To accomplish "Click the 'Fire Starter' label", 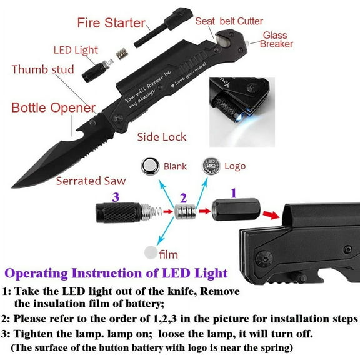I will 111,24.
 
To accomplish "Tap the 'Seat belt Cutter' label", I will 229,21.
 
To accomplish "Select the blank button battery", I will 149,166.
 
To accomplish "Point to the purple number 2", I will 183,197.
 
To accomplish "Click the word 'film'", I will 169,254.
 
